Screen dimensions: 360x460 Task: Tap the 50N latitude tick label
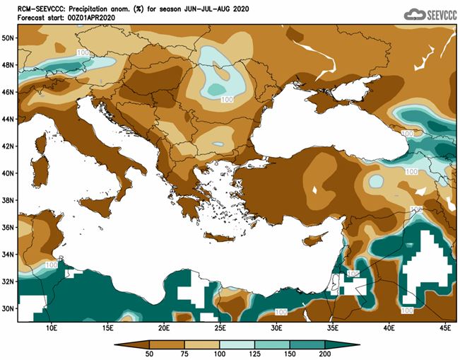coord(9,37)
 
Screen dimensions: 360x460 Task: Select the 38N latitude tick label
coord(9,200)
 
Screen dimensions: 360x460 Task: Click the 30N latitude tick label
coord(9,308)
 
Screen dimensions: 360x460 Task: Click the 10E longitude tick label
coord(51,329)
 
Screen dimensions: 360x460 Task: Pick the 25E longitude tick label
coord(220,329)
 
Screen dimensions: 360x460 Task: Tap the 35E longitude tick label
coord(332,329)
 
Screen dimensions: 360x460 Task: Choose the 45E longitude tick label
coord(444,329)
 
